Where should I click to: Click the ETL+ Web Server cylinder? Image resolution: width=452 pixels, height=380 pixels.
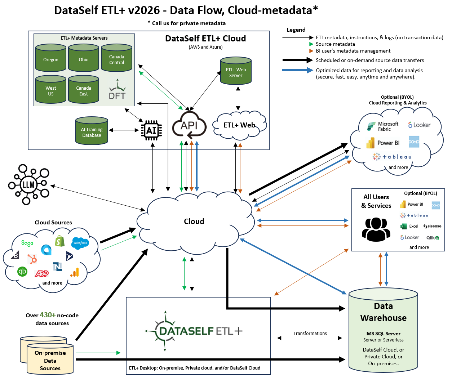click(236, 71)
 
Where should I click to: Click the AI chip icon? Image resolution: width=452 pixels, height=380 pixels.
click(151, 130)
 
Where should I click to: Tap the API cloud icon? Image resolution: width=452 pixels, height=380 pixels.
click(189, 125)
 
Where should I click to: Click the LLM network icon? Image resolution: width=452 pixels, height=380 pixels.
click(28, 184)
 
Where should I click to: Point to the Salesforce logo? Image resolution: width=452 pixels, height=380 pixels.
click(80, 243)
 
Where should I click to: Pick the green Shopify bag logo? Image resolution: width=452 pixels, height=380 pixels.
click(59, 241)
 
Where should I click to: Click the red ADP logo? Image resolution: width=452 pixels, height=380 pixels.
click(41, 274)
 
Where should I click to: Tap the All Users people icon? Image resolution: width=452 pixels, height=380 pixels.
click(376, 229)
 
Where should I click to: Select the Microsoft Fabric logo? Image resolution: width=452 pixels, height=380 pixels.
click(383, 126)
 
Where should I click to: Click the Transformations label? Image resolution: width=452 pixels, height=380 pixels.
click(310, 334)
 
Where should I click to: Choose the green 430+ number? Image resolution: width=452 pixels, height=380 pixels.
click(48, 315)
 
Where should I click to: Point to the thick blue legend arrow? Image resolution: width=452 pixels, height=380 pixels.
click(298, 70)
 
